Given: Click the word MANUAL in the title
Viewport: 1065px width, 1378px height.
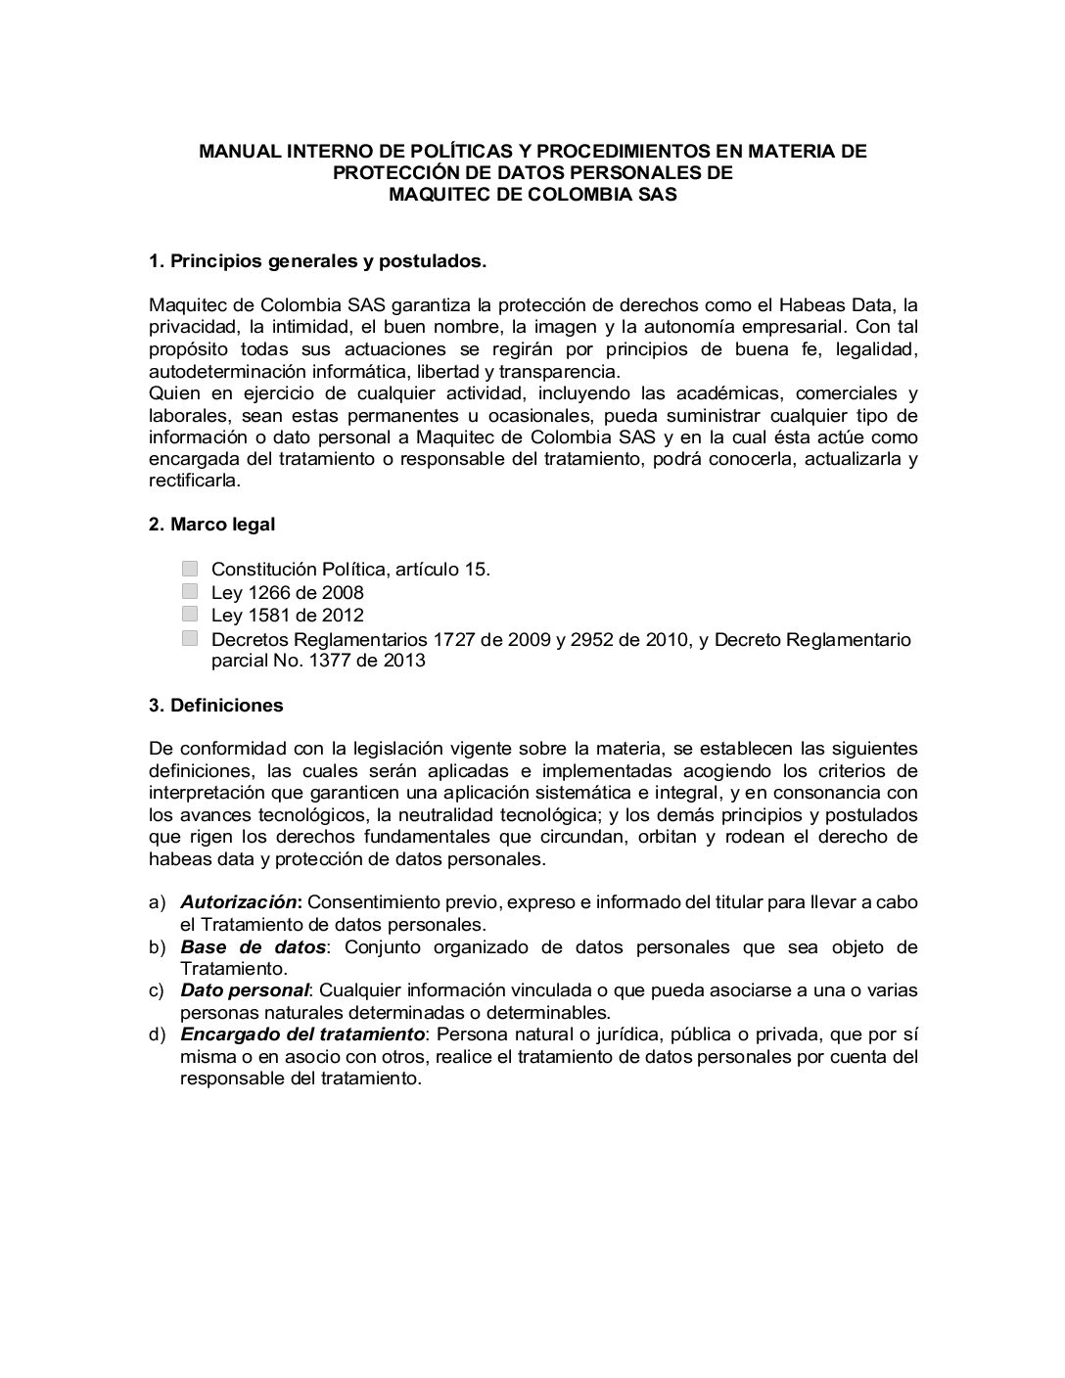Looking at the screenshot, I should (x=234, y=152).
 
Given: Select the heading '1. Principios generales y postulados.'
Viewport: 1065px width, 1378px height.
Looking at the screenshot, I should (x=317, y=261).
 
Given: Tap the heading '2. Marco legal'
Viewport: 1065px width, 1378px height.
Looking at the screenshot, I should (x=211, y=525).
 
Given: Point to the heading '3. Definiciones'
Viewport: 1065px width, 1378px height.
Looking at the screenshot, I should (x=215, y=706).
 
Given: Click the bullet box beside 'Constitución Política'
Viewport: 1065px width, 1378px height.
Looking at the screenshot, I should (x=190, y=569).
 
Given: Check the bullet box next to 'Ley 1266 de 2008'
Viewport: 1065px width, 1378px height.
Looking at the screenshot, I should (x=190, y=591).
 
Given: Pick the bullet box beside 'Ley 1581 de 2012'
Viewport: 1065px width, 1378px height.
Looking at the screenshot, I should (x=190, y=615).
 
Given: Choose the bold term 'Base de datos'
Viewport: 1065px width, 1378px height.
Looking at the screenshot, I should (x=253, y=947).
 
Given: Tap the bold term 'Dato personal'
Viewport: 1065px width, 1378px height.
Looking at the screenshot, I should (x=244, y=990).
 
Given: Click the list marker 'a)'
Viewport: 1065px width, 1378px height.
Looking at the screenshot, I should (x=157, y=902).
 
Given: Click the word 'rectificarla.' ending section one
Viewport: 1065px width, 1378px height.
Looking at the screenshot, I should (x=194, y=481).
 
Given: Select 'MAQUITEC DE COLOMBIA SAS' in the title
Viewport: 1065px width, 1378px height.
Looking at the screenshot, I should (x=532, y=195).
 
